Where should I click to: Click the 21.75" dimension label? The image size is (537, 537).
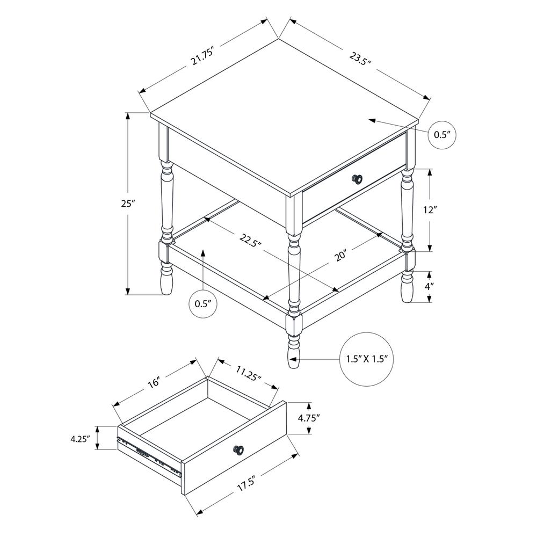[x=202, y=56]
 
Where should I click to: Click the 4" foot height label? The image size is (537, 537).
[x=429, y=286]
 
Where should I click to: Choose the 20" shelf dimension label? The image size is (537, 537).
[x=340, y=256]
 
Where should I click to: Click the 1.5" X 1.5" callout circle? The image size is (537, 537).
[x=366, y=359]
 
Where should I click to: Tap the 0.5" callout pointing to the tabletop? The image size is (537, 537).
[x=443, y=135]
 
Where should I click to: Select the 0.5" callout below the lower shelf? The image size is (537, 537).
[x=203, y=303]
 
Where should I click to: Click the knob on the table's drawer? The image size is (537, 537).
[x=357, y=178]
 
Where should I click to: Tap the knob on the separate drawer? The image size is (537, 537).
[x=238, y=450]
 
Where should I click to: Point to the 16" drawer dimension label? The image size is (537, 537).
[x=154, y=382]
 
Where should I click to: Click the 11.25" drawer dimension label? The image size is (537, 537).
[x=248, y=373]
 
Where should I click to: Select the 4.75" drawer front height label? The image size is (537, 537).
[x=309, y=417]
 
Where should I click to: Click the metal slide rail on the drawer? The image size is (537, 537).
[x=149, y=455]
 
